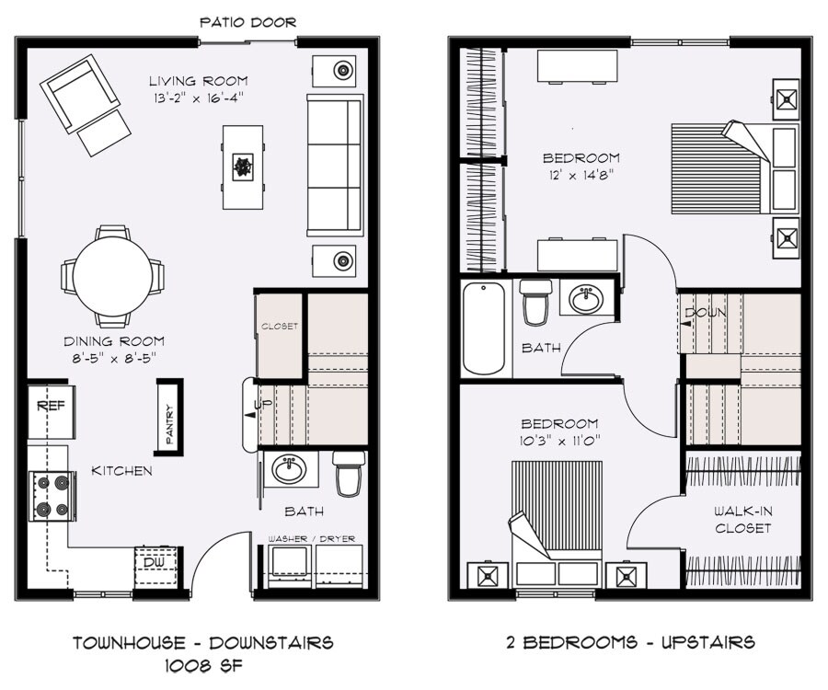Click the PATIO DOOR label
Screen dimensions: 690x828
point(247,22)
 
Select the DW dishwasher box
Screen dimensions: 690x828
point(152,560)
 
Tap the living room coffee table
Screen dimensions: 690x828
point(244,167)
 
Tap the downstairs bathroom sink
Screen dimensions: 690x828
point(291,470)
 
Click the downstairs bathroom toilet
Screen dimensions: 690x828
point(349,473)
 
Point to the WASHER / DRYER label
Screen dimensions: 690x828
point(311,539)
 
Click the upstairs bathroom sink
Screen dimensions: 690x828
point(582,299)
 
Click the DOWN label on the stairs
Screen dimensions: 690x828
point(707,313)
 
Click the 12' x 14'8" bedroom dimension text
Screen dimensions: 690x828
point(581,172)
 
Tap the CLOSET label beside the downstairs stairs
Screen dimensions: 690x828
point(280,327)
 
